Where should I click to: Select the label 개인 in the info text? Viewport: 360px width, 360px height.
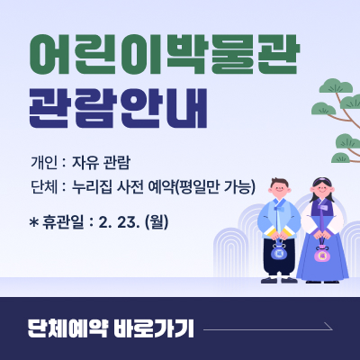(43, 163)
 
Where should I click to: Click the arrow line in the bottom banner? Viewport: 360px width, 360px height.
(270, 330)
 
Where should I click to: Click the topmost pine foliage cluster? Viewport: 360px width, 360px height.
(337, 88)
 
